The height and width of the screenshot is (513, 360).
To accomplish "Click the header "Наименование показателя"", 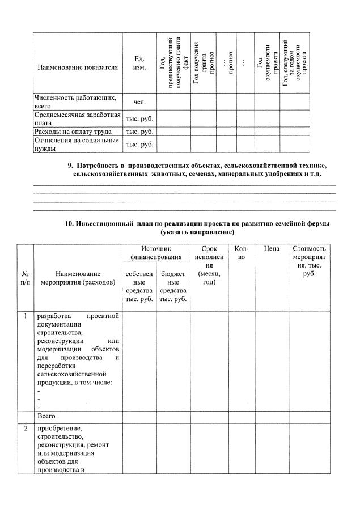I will (78, 67).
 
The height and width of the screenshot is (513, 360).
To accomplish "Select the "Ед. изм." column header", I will (139, 63).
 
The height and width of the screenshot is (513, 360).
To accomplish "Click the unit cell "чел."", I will (139, 102).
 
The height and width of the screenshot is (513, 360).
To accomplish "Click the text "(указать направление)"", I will (197, 232).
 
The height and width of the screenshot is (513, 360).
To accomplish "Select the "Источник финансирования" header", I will (156, 253).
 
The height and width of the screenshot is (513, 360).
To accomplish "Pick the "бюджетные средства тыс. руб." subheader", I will (173, 286).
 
